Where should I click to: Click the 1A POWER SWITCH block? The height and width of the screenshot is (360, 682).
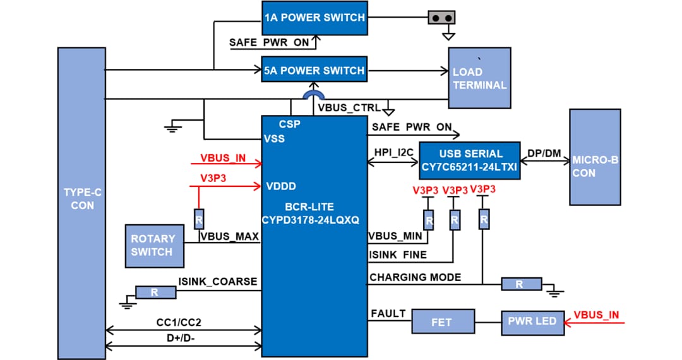[314, 18]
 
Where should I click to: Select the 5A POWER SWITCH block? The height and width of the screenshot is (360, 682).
[314, 70]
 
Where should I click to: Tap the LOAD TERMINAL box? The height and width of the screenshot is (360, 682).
[479, 78]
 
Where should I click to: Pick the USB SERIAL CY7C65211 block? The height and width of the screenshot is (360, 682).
[470, 160]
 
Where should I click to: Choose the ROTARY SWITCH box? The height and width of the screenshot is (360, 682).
[152, 245]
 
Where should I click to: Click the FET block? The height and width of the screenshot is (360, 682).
[442, 322]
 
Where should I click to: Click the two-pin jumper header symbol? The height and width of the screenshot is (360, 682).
[443, 18]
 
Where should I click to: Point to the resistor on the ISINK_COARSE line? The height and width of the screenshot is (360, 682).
[153, 292]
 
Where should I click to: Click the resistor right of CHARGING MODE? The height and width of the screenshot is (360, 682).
[521, 284]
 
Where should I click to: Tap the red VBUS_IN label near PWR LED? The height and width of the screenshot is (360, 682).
[596, 314]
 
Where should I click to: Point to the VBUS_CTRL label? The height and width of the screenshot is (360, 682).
[349, 107]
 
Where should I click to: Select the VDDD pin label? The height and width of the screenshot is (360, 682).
[281, 186]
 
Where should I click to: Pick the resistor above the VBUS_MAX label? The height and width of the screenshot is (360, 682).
[200, 219]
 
